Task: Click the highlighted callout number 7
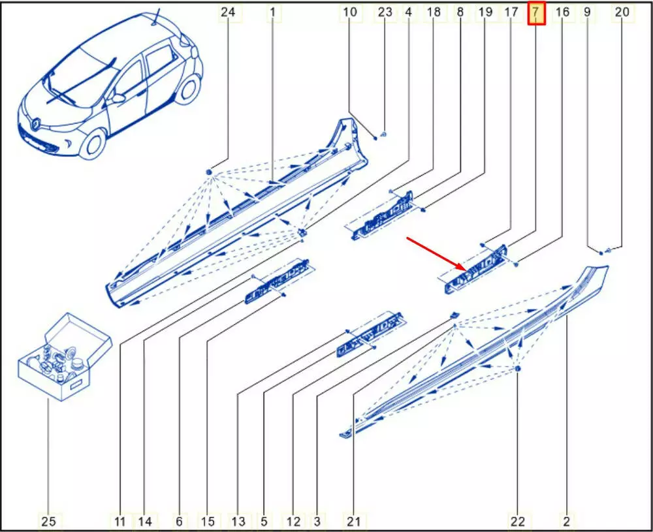coord(536,12)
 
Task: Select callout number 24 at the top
coord(228,12)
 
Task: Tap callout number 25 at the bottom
coord(49,521)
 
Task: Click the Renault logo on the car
coord(36,123)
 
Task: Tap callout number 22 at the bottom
coord(518,521)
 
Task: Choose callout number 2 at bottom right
coord(566,521)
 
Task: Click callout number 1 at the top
coord(273,12)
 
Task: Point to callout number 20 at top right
coord(622,12)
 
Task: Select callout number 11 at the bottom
coord(120,521)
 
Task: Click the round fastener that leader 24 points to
coord(210,172)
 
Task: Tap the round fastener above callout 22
coord(518,369)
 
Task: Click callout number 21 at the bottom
coord(353,521)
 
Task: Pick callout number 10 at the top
coord(350,12)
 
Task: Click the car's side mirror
coord(118,99)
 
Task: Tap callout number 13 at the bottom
coord(238,521)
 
